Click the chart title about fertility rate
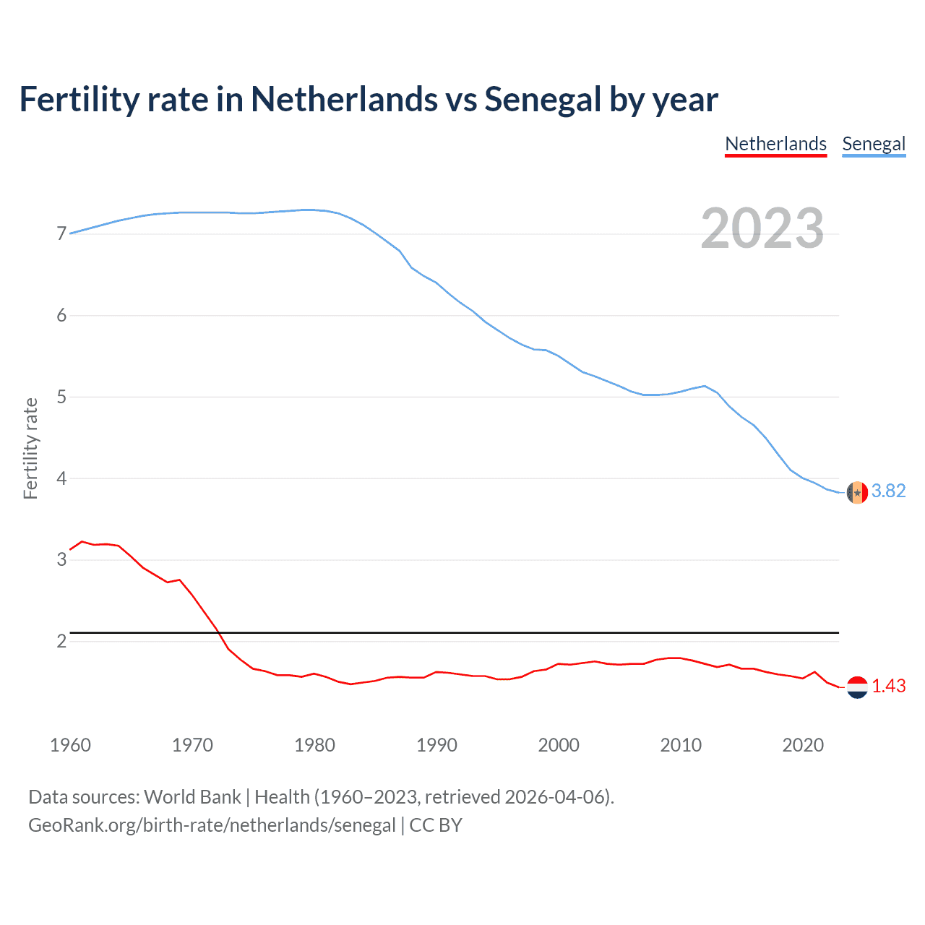coord(369,99)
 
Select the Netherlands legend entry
coord(775,144)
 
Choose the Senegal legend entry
coord(874,144)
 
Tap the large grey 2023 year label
coord(762,228)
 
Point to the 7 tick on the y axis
coord(61,233)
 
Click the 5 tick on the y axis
coord(61,397)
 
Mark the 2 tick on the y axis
coord(61,641)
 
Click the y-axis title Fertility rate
coord(30,448)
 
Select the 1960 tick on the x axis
coord(70,745)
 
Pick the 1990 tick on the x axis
coord(436,745)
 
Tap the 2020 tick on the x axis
coord(803,745)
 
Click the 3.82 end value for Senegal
coord(888,491)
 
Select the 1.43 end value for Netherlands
coord(888,687)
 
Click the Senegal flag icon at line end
coord(857,492)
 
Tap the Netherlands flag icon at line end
coord(857,687)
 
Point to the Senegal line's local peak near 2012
coord(705,386)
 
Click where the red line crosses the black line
coord(218,633)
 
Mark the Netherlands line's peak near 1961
coord(82,541)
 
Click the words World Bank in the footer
coord(192,797)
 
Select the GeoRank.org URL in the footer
coord(212,825)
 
